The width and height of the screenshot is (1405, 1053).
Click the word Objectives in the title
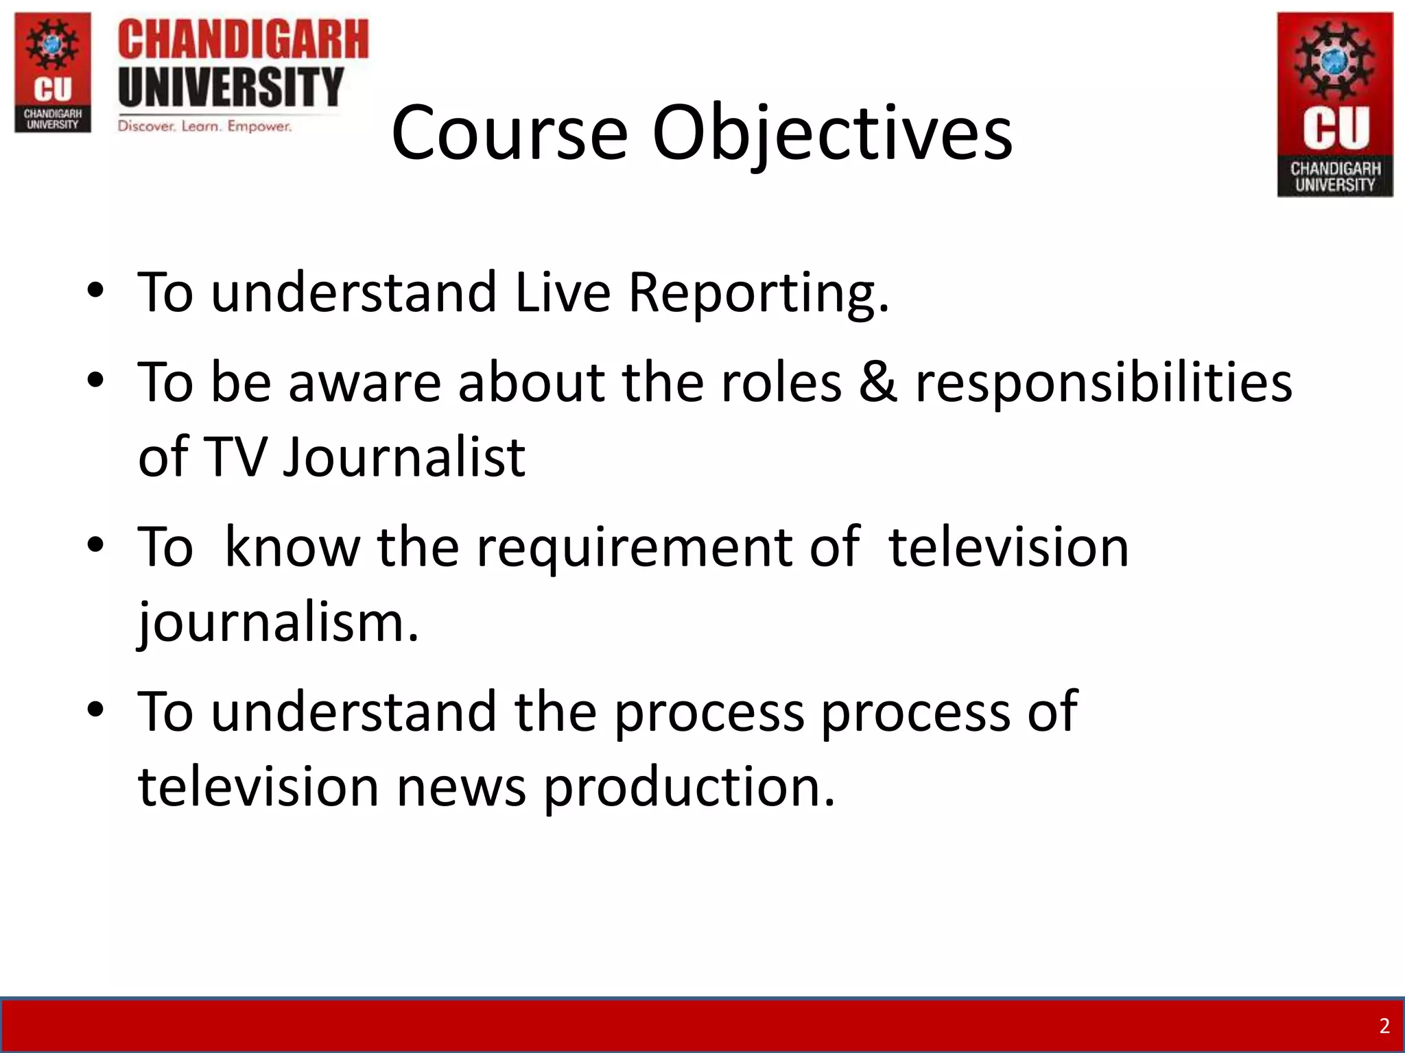tap(831, 134)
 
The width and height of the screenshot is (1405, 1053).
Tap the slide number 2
tap(1384, 1026)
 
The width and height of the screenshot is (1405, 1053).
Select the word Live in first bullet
tap(562, 293)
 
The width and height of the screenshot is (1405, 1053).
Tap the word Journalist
tap(404, 457)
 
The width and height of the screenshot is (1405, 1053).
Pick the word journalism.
tap(278, 622)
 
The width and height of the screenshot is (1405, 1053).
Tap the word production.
tap(689, 787)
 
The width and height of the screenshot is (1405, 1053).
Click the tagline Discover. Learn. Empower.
tap(204, 126)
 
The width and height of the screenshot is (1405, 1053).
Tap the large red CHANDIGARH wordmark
tap(243, 40)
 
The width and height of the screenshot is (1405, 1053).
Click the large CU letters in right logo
tap(1335, 128)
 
